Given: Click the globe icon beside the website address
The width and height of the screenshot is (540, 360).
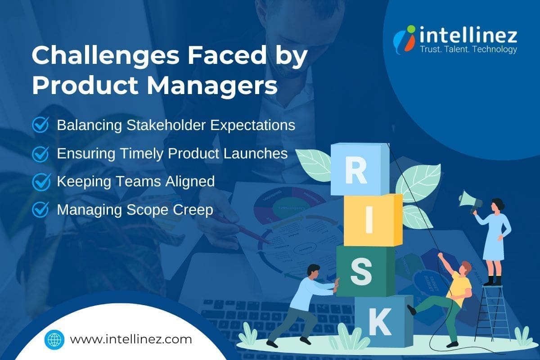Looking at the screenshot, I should coord(55,339).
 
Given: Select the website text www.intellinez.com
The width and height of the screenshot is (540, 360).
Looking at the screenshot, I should coord(131,339).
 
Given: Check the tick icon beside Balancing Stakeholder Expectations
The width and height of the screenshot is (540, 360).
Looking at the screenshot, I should coord(41,125).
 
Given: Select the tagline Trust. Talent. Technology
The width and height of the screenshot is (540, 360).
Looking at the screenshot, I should coord(468,49).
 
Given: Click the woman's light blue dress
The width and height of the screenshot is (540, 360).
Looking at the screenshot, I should coord(495,238).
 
